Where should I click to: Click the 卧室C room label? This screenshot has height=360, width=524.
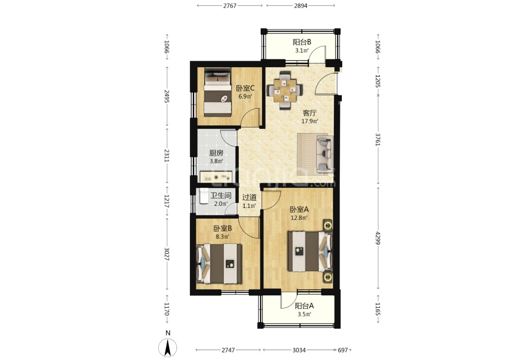pos(245,88)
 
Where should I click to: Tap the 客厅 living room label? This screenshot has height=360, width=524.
pos(310,113)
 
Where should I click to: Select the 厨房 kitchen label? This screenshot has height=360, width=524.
pos(216,153)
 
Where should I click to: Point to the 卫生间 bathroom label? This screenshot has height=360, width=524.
pos(221,196)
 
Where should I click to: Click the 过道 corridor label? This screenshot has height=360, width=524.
pos(249,198)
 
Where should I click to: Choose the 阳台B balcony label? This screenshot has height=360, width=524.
pos(302,42)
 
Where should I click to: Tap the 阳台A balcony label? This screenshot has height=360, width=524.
pos(304,306)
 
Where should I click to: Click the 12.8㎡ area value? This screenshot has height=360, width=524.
pos(299,218)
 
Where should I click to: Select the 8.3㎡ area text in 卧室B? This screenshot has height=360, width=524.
pos(223,237)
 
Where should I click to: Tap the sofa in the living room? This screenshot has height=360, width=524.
pos(325,153)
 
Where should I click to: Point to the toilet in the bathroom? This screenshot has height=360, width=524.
pos(204,196)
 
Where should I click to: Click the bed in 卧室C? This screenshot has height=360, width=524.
pos(217,92)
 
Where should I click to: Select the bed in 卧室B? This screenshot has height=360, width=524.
pos(219,264)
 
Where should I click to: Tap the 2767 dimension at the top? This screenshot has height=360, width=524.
pos(230,6)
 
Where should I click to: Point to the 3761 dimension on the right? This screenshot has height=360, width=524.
pos(378,139)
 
